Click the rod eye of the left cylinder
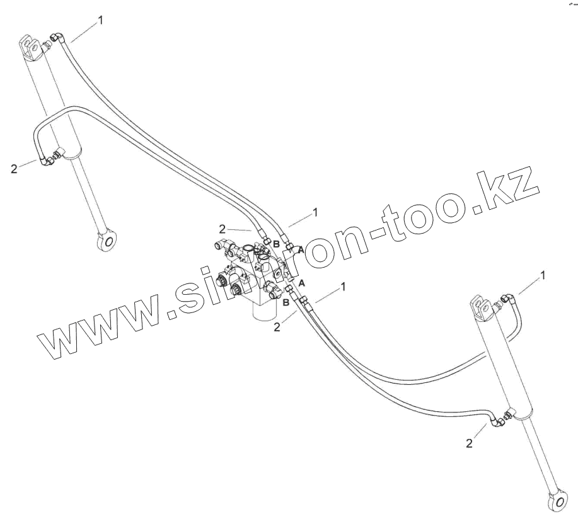coord(108,239)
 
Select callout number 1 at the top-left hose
coord(100,20)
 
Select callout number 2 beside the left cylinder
coord(14,169)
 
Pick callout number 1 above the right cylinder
coord(543,275)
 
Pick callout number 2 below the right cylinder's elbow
coord(469,443)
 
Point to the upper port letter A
coord(301,250)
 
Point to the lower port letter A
coord(301,283)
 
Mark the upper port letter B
coord(275,244)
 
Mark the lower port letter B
coord(286,303)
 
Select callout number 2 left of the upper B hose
coord(222,229)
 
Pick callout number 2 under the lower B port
coord(276,326)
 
